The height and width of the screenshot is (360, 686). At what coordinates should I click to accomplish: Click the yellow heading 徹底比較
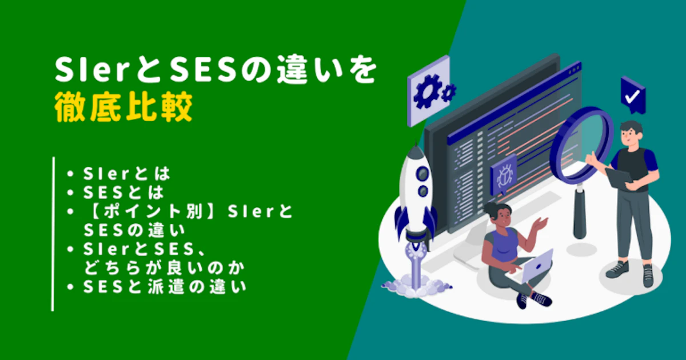[123, 107]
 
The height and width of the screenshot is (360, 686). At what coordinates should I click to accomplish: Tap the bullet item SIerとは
[126, 174]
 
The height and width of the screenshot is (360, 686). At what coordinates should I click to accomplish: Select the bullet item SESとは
[123, 193]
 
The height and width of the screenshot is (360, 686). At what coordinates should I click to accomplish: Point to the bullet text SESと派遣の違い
[165, 287]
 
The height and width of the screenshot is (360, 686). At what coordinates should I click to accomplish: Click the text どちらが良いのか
[165, 268]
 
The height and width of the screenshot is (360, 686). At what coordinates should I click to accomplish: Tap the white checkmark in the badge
[632, 97]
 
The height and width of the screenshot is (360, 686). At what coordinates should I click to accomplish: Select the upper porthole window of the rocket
[422, 174]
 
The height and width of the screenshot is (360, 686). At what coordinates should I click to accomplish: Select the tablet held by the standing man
[619, 178]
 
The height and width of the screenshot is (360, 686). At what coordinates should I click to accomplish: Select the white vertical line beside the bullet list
[53, 234]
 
